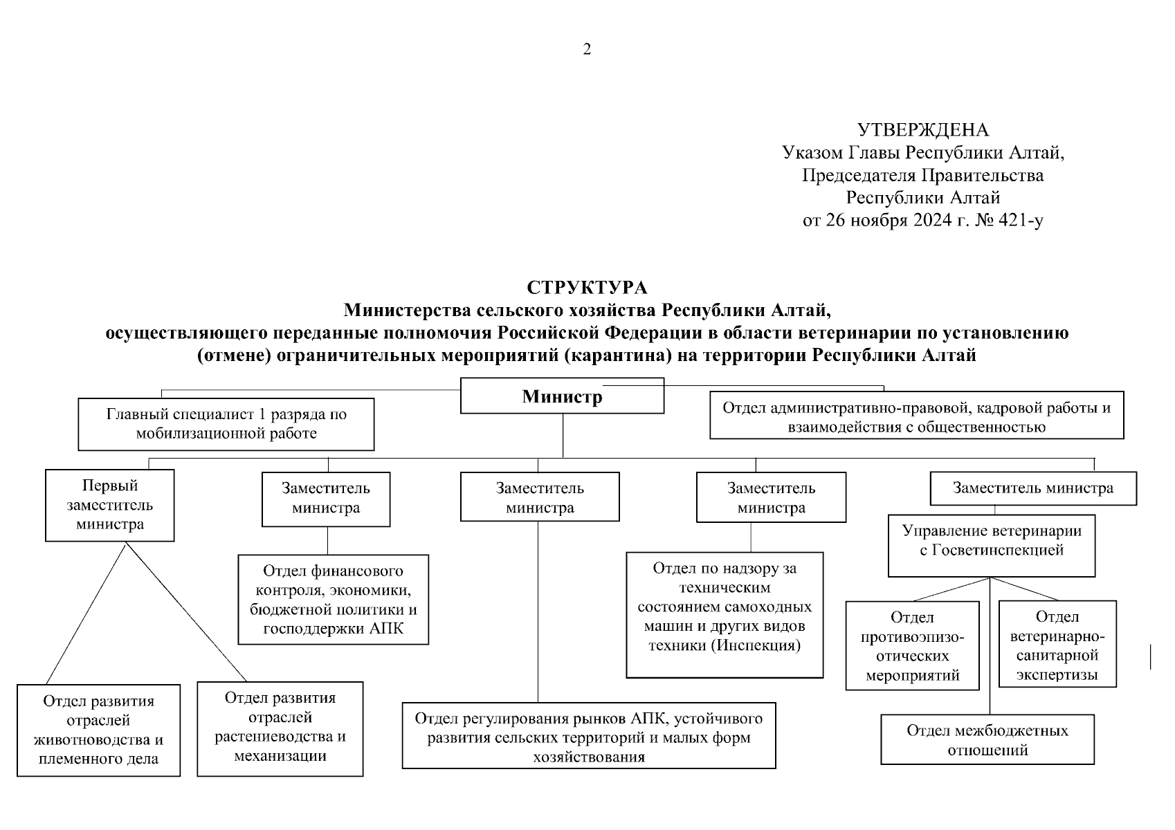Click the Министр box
click(562, 396)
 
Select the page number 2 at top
click(587, 49)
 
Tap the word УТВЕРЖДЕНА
click(923, 130)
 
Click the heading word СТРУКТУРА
click(587, 287)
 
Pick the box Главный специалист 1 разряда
click(226, 424)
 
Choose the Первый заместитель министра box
click(110, 505)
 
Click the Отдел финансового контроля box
click(333, 599)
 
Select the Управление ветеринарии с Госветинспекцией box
click(991, 545)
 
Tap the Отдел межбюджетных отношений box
click(987, 739)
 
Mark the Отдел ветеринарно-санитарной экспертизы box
click(1057, 644)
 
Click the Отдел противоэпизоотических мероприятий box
click(912, 645)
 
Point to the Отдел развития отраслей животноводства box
click(99, 730)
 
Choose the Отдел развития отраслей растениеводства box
click(280, 728)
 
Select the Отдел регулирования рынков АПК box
click(589, 736)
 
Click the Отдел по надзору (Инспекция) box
click(725, 615)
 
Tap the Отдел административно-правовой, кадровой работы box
click(916, 416)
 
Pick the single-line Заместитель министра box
click(1032, 488)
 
